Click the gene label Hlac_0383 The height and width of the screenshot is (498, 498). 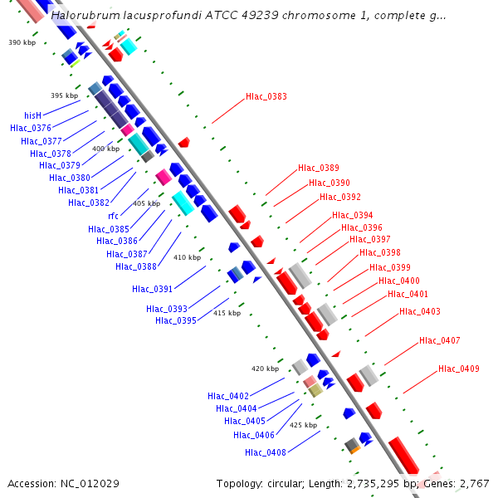pos(266,97)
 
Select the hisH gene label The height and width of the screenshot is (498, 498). pos(32,115)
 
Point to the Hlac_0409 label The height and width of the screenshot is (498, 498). pos(459,369)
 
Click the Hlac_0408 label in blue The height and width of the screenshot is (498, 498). pos(266,452)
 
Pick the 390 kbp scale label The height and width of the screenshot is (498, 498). pos(22,41)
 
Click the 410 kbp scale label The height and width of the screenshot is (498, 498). pos(187,257)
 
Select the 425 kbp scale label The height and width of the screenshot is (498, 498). pos(303,425)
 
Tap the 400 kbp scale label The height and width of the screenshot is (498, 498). pos(105,149)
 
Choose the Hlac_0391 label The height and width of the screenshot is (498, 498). pos(152,289)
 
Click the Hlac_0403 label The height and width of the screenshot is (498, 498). pos(419,312)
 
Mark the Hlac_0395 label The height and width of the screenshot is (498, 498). pos(175,320)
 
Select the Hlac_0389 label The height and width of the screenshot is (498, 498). pos(319,168)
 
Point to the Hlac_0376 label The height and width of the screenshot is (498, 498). pos(31,128)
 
